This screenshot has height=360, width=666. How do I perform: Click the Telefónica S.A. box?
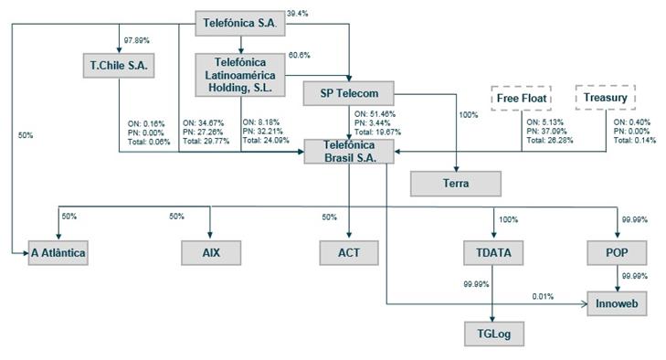[240, 23]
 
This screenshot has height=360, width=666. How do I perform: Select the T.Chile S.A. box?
[119, 66]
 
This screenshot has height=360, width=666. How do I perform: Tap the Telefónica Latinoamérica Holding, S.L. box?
[240, 75]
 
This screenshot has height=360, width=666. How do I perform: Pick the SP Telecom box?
[349, 93]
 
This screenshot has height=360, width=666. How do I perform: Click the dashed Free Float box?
[521, 98]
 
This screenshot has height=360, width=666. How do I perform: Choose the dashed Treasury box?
[606, 98]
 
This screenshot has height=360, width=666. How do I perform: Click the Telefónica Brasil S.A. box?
[349, 152]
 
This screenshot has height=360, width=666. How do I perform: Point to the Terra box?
[456, 184]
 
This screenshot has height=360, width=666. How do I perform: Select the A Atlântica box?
[58, 253]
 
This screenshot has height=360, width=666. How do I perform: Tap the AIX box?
[211, 253]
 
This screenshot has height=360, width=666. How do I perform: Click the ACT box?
[349, 253]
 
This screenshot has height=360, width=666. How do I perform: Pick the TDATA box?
[493, 253]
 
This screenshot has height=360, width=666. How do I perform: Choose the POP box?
[617, 253]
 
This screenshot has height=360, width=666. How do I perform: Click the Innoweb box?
[617, 303]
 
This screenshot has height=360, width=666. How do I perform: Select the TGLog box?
[494, 334]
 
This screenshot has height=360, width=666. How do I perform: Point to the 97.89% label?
[136, 40]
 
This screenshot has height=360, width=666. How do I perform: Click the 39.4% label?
[297, 14]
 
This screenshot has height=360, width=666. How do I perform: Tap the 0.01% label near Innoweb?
[543, 297]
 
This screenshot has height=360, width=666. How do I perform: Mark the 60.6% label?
[300, 55]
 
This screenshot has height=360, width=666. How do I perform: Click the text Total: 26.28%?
[550, 140]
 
